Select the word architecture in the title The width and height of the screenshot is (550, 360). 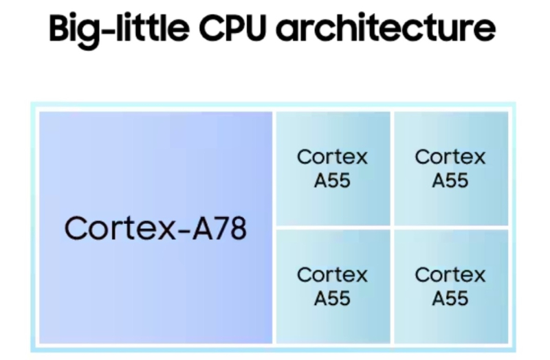[x=386, y=27]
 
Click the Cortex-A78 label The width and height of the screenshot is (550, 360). [x=155, y=228]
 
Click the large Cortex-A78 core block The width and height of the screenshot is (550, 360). [x=155, y=227]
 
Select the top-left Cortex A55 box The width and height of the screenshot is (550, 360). [x=333, y=168]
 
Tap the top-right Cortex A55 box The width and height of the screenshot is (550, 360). [x=451, y=168]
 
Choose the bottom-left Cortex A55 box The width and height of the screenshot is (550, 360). [x=333, y=286]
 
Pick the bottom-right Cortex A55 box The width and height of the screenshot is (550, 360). [x=451, y=286]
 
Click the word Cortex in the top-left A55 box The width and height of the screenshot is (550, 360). [x=332, y=157]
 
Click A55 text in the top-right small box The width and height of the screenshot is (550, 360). [x=450, y=181]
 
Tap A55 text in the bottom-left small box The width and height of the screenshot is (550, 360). [x=332, y=299]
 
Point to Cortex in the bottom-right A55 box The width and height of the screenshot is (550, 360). [x=450, y=275]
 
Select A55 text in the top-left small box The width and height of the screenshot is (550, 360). [x=332, y=181]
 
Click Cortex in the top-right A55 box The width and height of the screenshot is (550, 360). [x=450, y=157]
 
